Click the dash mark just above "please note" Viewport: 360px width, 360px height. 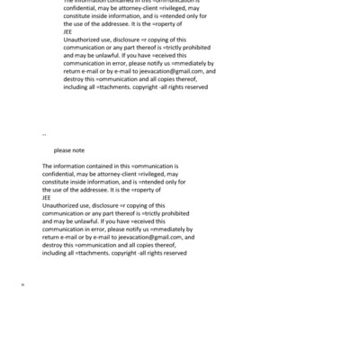click(44, 134)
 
